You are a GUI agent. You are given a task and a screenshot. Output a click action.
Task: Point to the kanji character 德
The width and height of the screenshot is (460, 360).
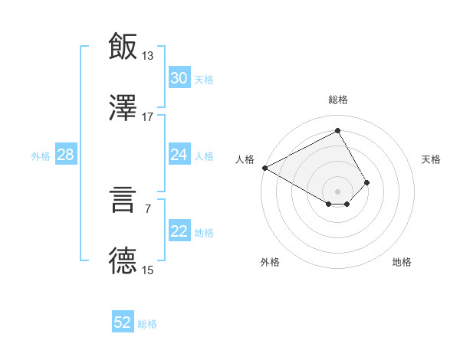click(123, 260)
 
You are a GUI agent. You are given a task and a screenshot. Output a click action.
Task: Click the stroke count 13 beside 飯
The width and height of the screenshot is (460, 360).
click(148, 55)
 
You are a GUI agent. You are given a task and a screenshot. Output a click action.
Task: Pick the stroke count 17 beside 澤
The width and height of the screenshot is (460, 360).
click(148, 116)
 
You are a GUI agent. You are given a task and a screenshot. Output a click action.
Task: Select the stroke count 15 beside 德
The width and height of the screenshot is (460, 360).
click(148, 270)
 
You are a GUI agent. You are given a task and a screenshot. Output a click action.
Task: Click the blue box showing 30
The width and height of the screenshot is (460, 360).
click(179, 78)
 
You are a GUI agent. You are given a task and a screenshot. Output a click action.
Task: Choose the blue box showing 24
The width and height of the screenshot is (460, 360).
click(179, 155)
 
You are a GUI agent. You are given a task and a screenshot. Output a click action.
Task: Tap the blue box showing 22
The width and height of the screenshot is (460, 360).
click(179, 232)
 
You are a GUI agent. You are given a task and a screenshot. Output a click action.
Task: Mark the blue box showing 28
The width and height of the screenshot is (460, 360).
click(66, 155)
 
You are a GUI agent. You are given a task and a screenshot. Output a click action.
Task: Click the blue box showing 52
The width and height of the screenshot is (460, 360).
click(123, 322)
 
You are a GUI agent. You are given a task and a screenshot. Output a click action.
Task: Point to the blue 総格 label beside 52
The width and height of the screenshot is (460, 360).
click(147, 324)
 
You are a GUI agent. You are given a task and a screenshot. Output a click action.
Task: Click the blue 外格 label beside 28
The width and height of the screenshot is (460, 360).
click(41, 156)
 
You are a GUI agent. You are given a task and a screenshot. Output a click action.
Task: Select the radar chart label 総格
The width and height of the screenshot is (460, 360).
click(338, 100)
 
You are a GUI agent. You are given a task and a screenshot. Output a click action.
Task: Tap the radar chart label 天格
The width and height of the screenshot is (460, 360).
click(432, 159)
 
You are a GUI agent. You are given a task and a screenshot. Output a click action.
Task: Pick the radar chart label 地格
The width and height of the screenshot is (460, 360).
click(402, 262)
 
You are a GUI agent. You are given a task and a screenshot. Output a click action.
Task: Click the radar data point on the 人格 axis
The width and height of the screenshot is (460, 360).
click(264, 167)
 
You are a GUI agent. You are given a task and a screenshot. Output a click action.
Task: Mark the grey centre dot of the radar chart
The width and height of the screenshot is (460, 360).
click(338, 191)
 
